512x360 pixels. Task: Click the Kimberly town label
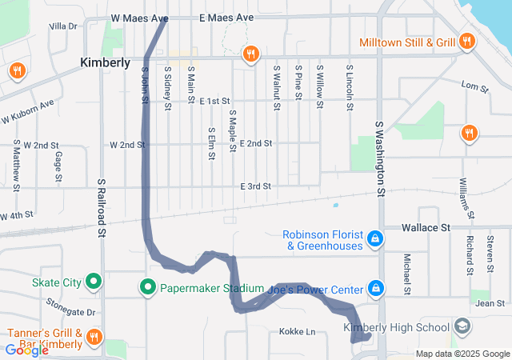[105, 62]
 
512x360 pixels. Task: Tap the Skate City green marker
[94, 282]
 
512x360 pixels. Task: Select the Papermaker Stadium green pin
[148, 288]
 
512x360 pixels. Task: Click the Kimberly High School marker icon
[462, 327]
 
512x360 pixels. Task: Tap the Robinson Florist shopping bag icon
[374, 238]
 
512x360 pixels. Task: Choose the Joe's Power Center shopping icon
[374, 288]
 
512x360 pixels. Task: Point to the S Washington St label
[380, 158]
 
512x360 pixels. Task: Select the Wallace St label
[426, 228]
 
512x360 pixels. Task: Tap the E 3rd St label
[256, 186]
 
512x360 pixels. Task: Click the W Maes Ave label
[139, 18]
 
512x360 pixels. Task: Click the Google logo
[26, 350]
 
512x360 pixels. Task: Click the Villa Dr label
[62, 26]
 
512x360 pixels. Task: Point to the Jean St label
[490, 303]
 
